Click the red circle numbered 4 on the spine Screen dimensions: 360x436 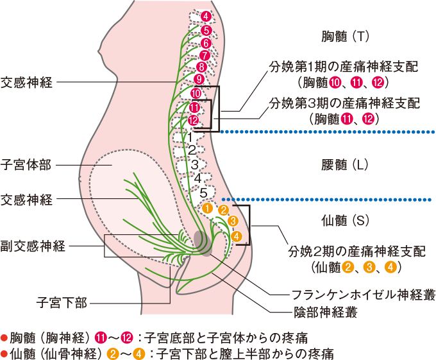pyautogui.click(x=205, y=16)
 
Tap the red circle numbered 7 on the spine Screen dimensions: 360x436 pyautogui.click(x=205, y=55)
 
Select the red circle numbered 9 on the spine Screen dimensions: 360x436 pyautogui.click(x=198, y=80)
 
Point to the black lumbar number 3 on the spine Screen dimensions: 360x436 pyautogui.click(x=194, y=164)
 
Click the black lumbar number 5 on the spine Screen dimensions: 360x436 pyautogui.click(x=203, y=191)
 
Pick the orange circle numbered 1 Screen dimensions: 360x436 pyautogui.click(x=207, y=209)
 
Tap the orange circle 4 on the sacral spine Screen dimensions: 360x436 pyautogui.click(x=237, y=236)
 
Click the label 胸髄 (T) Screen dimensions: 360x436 pyautogui.click(x=345, y=37)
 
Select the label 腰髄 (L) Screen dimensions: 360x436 pyautogui.click(x=344, y=164)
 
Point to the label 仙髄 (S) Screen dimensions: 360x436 pyautogui.click(x=345, y=220)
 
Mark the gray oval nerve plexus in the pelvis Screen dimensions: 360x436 pyautogui.click(x=203, y=242)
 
